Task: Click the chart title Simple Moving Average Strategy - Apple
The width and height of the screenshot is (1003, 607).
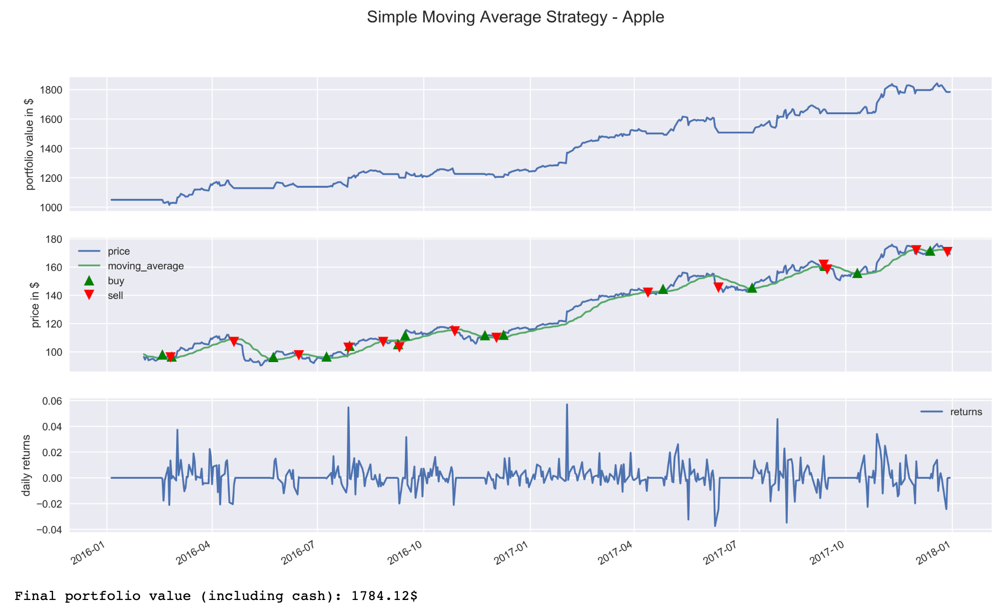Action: point(515,18)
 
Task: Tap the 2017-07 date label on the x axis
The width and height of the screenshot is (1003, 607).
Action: point(721,556)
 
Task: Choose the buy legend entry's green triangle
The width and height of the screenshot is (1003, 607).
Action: point(89,280)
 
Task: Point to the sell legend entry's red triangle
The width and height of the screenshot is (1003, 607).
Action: point(89,295)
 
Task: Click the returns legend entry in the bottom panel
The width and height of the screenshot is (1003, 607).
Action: point(966,412)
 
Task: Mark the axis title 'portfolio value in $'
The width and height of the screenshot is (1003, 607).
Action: point(30,144)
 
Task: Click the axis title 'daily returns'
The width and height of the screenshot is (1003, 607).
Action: point(27,465)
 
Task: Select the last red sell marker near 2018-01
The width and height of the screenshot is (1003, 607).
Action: point(947,251)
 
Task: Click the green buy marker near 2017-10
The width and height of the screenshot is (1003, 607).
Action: point(857,273)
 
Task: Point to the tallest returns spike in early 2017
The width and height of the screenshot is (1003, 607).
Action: point(567,405)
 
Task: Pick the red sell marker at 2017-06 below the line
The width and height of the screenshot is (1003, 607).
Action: point(718,287)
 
